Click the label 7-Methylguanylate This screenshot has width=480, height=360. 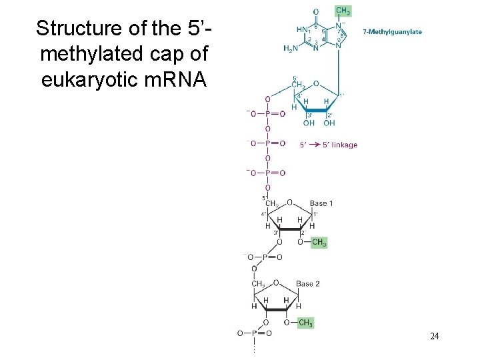(392, 31)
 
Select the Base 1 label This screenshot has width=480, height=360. (321, 203)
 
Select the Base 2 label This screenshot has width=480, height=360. (308, 284)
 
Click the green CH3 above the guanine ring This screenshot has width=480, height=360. (343, 11)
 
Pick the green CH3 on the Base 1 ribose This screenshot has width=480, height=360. (319, 243)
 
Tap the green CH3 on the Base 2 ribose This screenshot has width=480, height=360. (305, 323)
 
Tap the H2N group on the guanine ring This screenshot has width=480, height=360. (291, 48)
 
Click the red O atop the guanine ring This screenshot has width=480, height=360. (315, 11)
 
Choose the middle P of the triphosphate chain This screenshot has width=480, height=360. (267, 143)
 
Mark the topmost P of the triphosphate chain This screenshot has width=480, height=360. (267, 114)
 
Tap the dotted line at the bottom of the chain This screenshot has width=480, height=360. (253, 347)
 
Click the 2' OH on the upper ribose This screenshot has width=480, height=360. (329, 123)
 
